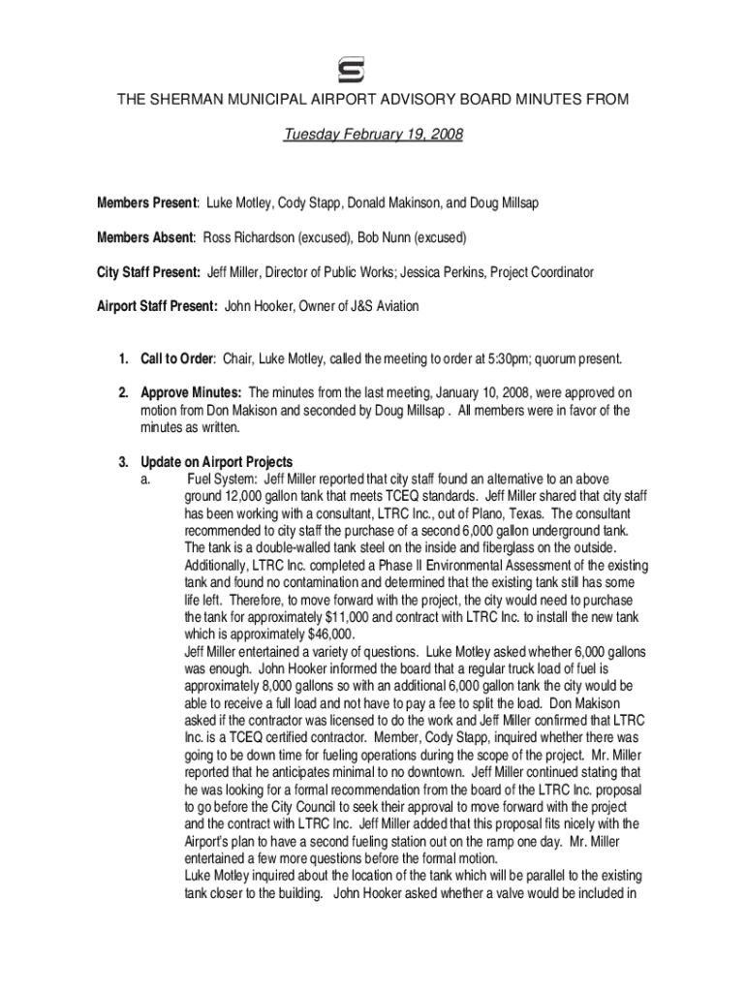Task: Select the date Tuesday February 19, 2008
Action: tap(373, 135)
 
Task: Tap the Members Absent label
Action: tap(145, 237)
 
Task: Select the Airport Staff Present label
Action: tap(157, 306)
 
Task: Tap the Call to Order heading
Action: tap(176, 359)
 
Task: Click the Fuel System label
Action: tap(222, 479)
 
